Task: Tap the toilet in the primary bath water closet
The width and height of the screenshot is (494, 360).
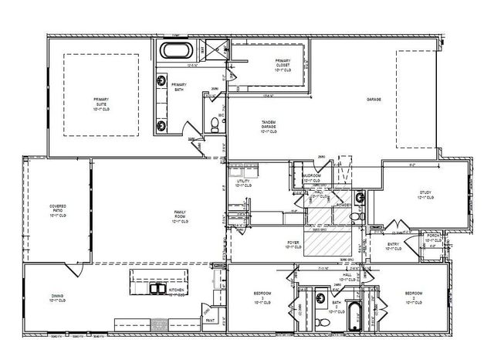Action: coord(215,124)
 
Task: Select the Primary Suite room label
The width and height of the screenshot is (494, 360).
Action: coord(101,102)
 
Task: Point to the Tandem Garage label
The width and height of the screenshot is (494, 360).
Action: coord(269,127)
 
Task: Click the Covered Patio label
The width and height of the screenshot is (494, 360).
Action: coord(58,211)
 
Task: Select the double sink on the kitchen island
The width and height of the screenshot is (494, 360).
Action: coord(158,287)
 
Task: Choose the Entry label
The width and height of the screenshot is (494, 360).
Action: coord(393,246)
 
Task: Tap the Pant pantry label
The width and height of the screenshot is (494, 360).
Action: coord(209,318)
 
